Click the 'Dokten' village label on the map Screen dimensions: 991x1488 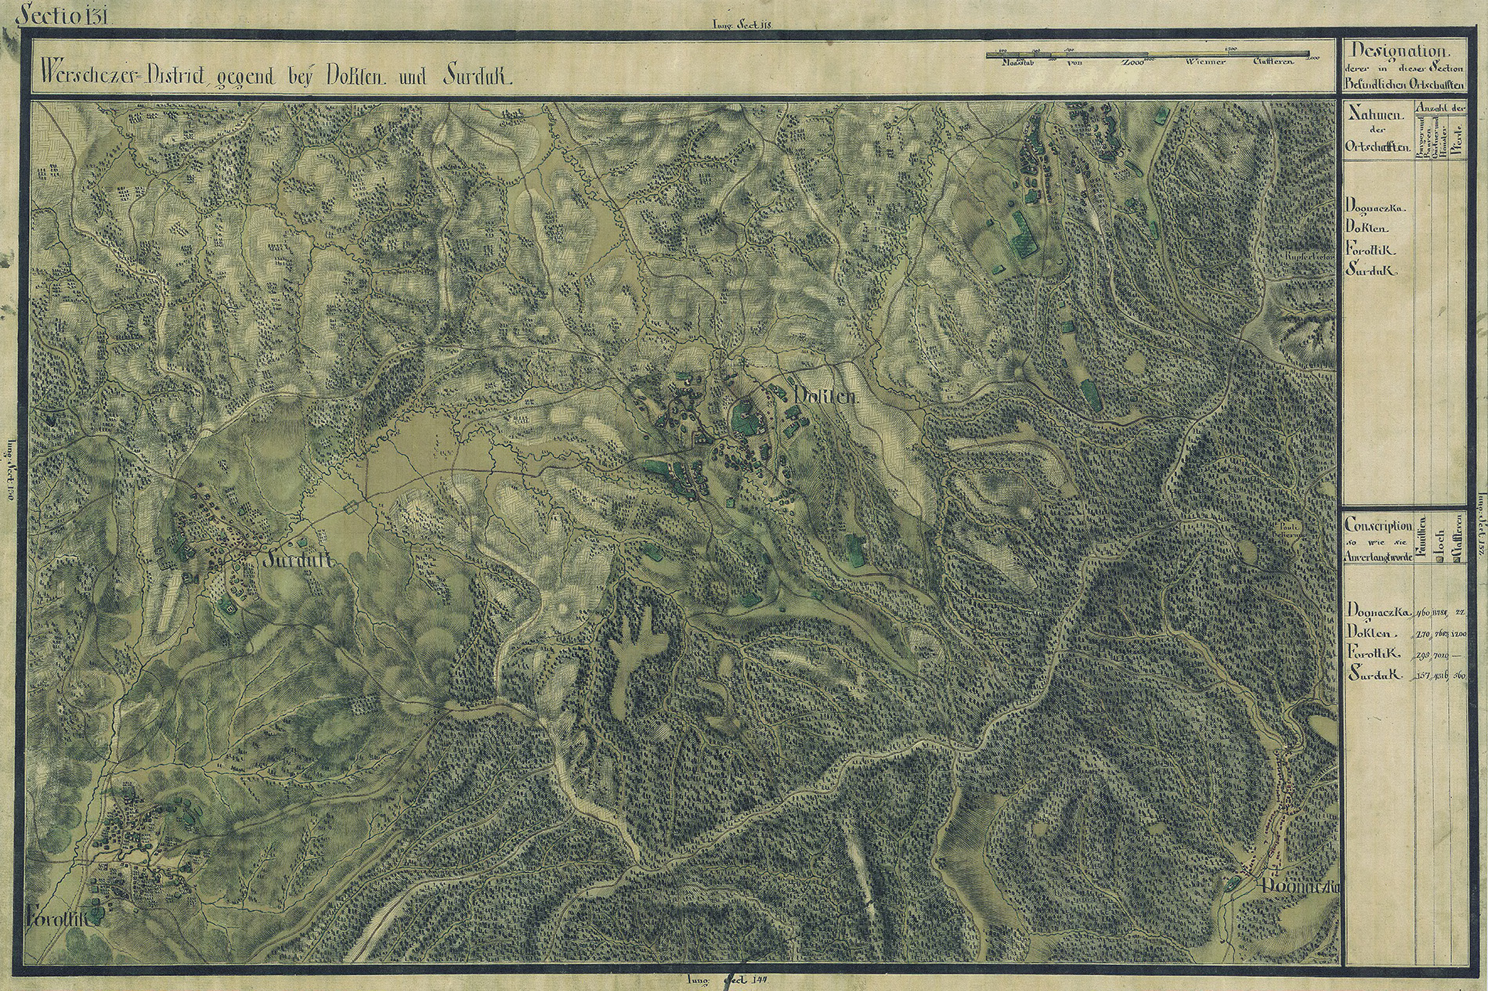point(826,396)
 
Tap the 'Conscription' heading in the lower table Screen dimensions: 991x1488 point(1378,527)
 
